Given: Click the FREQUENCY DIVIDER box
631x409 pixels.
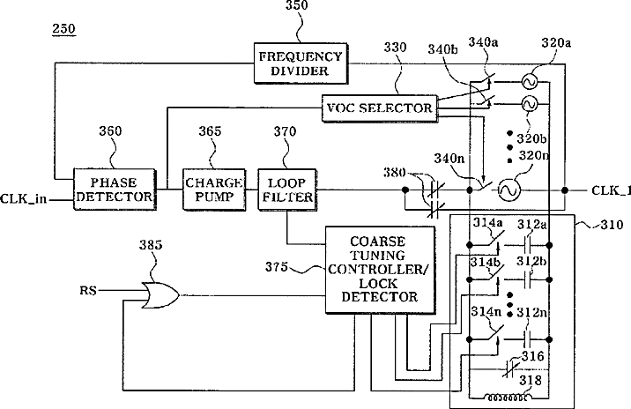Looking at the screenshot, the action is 301,63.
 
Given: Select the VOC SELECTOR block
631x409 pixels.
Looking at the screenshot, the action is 380,108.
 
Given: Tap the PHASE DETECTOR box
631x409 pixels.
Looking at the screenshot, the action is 115,190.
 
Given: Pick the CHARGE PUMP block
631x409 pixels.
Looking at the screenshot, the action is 214,190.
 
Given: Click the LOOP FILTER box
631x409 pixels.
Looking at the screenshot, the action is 287,190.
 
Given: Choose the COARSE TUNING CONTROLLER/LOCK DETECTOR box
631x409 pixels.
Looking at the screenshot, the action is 380,270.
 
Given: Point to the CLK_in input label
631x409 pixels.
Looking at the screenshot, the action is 23,199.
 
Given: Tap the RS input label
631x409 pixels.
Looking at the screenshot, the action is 88,290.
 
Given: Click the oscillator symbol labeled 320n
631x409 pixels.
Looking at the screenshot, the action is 509,190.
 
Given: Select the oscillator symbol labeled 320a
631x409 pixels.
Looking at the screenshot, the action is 529,82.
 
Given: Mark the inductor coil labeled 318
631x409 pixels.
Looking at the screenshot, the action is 508,398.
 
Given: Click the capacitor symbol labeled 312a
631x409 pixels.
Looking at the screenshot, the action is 528,245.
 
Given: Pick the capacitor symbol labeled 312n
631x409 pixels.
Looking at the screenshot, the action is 528,339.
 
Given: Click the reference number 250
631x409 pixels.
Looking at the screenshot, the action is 63,29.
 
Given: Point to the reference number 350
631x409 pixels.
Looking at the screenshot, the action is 297,5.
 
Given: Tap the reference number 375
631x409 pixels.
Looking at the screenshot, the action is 277,266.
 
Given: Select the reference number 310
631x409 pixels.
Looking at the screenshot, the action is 612,225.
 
